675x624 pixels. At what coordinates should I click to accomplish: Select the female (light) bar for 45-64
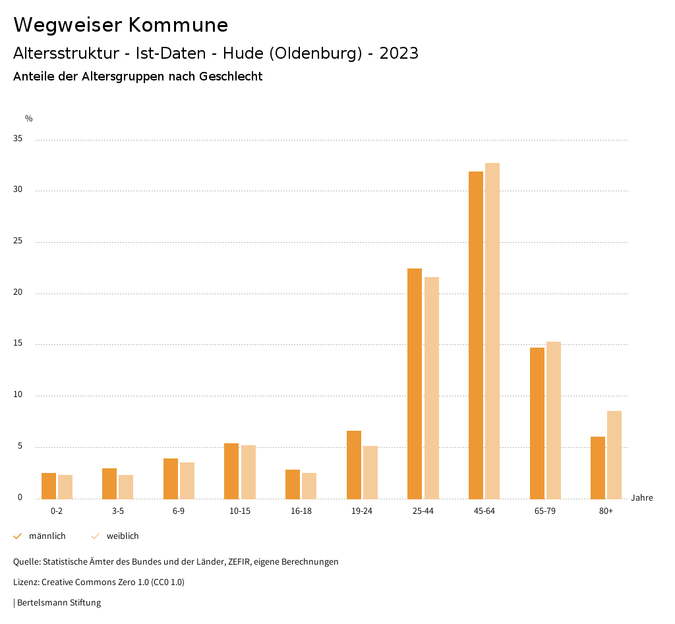click(492, 330)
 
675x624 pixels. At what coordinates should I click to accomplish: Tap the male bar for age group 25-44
click(415, 383)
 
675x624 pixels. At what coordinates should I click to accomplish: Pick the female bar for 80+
click(614, 454)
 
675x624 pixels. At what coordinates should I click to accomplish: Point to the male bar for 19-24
click(354, 464)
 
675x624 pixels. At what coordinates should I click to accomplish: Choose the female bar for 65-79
click(554, 420)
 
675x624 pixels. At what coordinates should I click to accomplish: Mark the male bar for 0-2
click(49, 485)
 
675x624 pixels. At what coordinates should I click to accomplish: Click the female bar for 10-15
click(248, 472)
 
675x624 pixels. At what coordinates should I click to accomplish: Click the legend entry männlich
click(47, 536)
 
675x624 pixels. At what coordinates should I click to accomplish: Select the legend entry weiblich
click(123, 536)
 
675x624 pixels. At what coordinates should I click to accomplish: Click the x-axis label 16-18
click(301, 511)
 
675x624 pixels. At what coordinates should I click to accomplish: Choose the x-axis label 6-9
click(179, 511)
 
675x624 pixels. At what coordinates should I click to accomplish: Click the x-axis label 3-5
click(117, 511)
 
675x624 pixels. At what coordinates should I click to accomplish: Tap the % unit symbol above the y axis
click(29, 119)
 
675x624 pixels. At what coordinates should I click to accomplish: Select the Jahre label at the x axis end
click(642, 498)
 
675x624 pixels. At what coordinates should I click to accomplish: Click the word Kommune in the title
click(178, 25)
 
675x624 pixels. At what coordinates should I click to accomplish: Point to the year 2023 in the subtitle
click(399, 53)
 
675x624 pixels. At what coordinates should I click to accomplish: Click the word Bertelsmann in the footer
click(42, 603)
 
